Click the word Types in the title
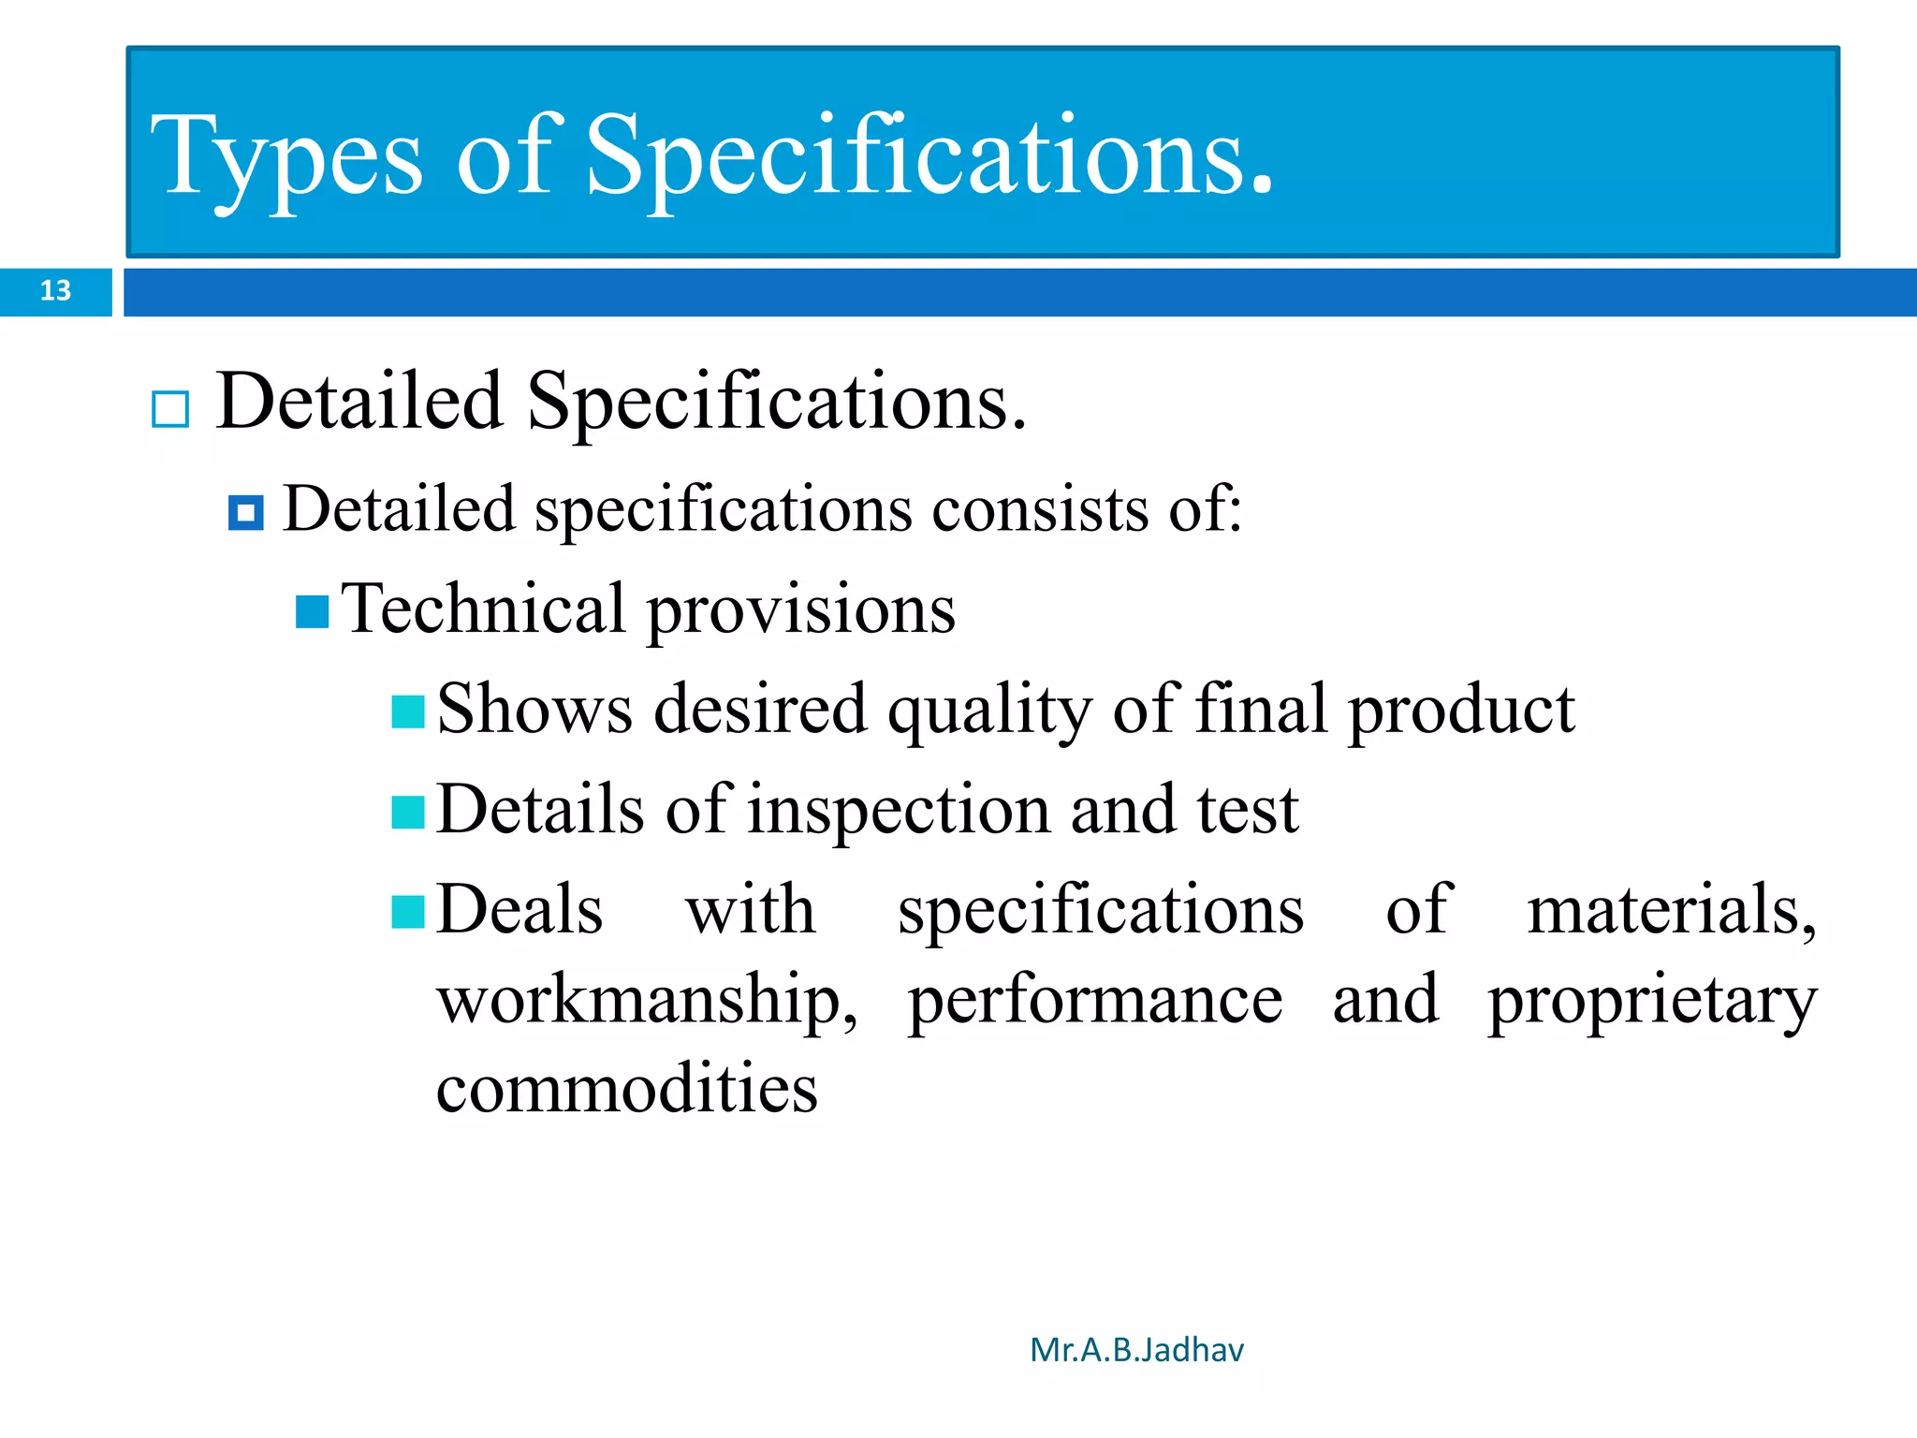[286, 157]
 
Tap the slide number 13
[55, 291]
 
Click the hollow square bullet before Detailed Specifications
[170, 410]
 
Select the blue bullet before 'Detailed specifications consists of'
[246, 513]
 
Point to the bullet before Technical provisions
[312, 612]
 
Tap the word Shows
[534, 710]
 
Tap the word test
[1248, 811]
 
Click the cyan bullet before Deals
[408, 912]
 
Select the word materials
[1671, 910]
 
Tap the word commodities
[627, 1090]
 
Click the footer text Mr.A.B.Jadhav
[1136, 1350]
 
